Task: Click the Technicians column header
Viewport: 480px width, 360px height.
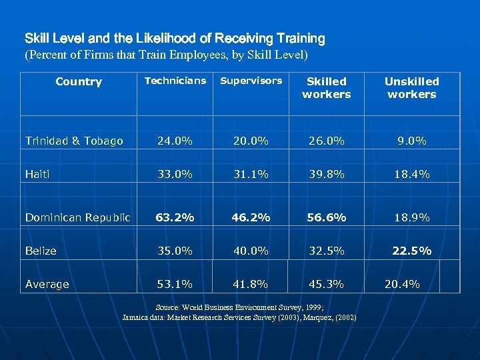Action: (175, 81)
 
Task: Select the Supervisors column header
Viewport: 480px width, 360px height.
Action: (251, 81)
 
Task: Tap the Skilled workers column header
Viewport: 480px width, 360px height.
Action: (326, 87)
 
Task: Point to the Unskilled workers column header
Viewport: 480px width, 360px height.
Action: (411, 87)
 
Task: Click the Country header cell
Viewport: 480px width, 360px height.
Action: (79, 81)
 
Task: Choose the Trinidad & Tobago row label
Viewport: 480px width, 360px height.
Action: (74, 141)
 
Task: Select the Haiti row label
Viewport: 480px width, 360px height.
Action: (37, 174)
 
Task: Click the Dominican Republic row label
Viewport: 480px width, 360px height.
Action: (78, 217)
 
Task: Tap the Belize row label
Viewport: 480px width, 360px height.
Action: (41, 251)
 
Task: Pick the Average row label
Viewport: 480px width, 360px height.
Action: (47, 284)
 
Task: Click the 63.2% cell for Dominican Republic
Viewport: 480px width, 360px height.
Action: (175, 217)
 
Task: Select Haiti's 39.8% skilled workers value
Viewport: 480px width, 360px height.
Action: (326, 174)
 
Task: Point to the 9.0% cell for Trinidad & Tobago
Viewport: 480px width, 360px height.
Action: (411, 141)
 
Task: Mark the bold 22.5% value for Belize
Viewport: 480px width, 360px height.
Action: (411, 251)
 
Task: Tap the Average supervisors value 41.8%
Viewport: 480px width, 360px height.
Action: (251, 284)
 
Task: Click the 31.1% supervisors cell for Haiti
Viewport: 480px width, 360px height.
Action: (251, 174)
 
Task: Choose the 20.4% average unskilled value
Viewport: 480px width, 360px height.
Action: (402, 284)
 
